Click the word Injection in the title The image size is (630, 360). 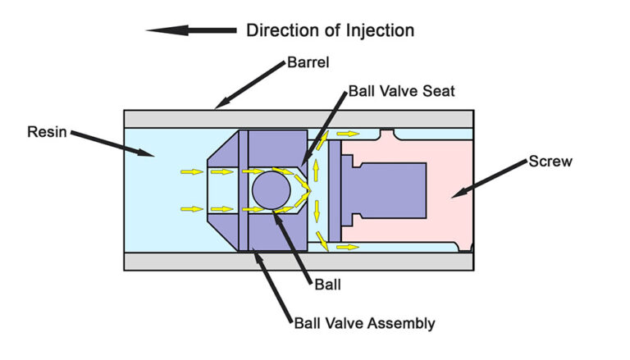(x=378, y=31)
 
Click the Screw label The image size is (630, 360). (x=550, y=162)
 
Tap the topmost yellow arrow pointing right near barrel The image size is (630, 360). (x=348, y=133)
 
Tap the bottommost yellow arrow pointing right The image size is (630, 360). (x=348, y=246)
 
